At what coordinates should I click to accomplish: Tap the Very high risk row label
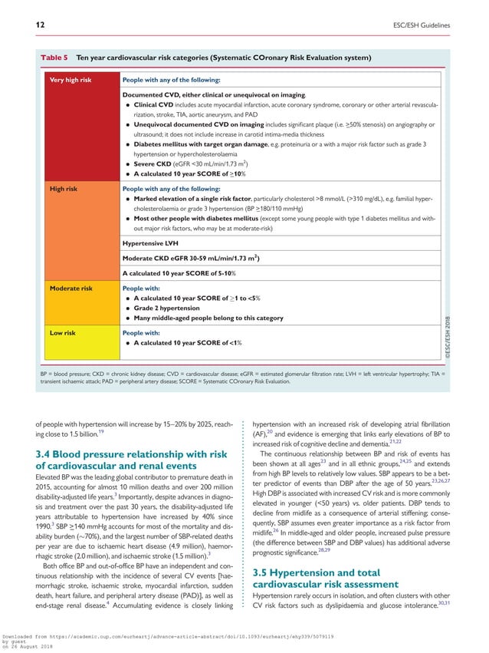pyautogui.click(x=70, y=80)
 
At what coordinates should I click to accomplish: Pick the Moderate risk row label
pyautogui.click(x=71, y=288)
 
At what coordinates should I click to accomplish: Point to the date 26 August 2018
pyautogui.click(x=34, y=648)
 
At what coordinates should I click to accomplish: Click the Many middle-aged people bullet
pyautogui.click(x=208, y=318)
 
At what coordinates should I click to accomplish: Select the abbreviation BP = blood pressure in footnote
pyautogui.click(x=68, y=373)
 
